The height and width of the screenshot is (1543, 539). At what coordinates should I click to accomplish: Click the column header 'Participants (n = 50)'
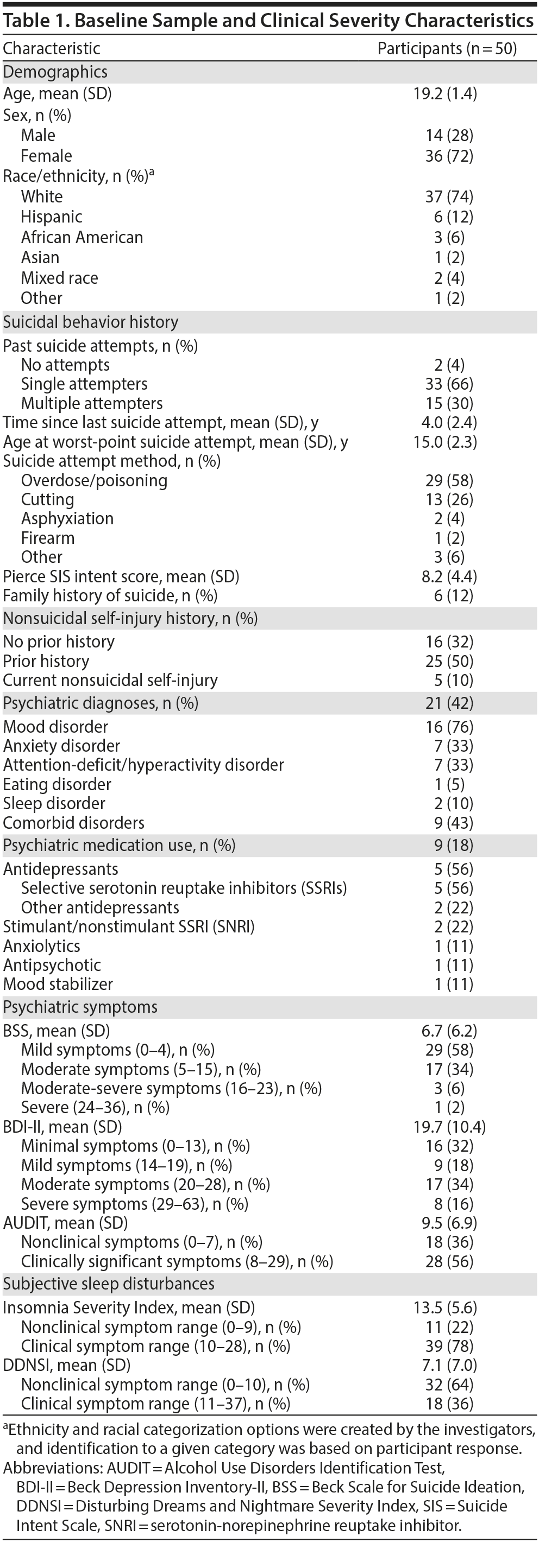447,48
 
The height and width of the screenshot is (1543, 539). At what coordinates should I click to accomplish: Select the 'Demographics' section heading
55,72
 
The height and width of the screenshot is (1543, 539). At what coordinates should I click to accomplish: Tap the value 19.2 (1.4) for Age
445,93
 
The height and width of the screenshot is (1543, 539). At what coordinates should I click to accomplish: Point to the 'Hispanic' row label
52,217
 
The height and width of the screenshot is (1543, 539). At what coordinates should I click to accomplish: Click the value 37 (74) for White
449,196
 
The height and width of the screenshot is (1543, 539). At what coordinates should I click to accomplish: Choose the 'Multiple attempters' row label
92,403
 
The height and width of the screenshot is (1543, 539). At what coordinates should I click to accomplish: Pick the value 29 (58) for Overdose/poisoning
449,480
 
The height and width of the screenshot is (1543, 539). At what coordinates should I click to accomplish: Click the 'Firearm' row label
48,538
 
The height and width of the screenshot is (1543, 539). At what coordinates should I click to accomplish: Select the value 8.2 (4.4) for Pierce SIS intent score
449,576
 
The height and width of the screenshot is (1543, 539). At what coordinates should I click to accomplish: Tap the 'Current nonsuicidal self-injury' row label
110,681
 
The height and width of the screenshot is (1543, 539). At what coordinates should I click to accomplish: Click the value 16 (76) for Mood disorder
449,727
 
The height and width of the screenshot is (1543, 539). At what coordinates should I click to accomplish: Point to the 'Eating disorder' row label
57,784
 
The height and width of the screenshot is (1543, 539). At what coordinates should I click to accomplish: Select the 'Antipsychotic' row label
52,965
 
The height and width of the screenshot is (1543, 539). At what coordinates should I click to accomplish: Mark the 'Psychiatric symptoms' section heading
80,1007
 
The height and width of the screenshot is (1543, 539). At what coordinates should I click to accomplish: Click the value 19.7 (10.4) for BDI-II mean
449,1127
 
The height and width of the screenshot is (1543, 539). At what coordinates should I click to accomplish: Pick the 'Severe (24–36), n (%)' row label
95,1107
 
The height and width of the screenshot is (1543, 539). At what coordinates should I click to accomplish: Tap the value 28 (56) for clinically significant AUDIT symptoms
449,1261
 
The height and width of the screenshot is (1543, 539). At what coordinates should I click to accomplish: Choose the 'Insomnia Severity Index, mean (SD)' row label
129,1307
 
